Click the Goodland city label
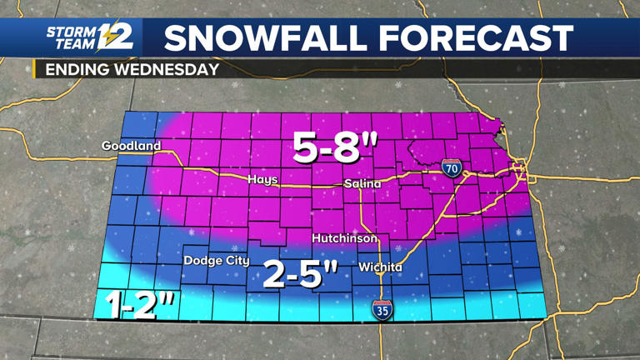[131, 146]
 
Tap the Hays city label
[262, 179]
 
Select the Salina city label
[362, 183]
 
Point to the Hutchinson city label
[344, 238]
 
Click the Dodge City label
[216, 261]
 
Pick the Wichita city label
[380, 267]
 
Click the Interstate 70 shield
[452, 167]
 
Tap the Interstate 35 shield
[381, 310]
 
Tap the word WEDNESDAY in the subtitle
[164, 70]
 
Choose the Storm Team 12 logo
[88, 38]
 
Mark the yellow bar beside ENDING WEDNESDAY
[35, 70]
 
